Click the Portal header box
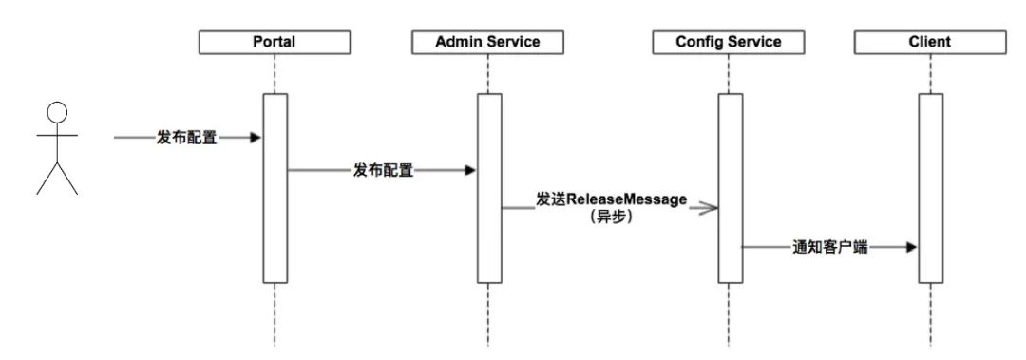[274, 42]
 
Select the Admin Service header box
[487, 42]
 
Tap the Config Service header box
[729, 42]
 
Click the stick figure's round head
[57, 110]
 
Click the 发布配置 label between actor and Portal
[186, 139]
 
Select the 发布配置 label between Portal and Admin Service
[383, 171]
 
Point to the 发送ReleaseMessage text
[611, 200]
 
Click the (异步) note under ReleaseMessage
[611, 218]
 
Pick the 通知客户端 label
[829, 248]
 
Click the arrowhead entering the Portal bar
[255, 139]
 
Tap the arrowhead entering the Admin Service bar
[469, 171]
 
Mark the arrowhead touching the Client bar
[911, 248]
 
